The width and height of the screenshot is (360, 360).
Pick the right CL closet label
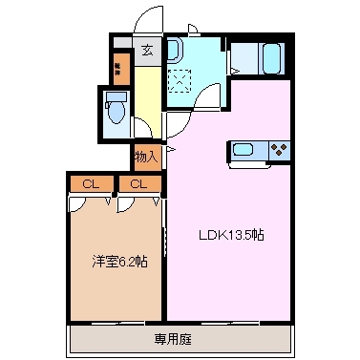[x=139, y=183]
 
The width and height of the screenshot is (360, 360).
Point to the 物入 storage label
[x=146, y=156]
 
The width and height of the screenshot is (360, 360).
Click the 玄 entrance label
[x=148, y=52]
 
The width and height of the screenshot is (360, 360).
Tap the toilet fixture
[x=116, y=110]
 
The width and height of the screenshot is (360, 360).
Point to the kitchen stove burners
[x=280, y=150]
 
